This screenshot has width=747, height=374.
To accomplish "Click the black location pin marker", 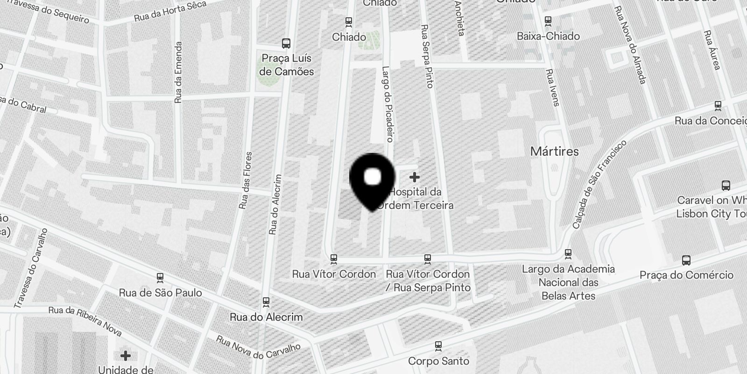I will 372,180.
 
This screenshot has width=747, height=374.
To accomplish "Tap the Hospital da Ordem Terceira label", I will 416,199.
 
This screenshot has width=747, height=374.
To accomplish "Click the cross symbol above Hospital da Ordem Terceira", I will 414,177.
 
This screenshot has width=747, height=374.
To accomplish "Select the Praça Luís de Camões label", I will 286,65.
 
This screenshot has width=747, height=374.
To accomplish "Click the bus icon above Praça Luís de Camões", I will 286,43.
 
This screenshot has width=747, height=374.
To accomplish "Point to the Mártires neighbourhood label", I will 554,151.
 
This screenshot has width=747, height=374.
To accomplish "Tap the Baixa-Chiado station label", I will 548,36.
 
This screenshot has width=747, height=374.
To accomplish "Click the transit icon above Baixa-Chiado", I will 548,21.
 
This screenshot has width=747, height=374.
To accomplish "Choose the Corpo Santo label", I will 438,361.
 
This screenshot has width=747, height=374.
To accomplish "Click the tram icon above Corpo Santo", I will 438,346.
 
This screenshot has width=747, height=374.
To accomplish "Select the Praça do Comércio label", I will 686,275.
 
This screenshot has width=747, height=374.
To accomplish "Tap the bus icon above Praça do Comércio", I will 686,260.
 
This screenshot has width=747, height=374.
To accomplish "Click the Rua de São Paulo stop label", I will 160,293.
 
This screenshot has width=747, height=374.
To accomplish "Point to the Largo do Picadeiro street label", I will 388,104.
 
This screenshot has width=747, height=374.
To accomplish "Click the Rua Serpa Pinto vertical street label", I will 427,56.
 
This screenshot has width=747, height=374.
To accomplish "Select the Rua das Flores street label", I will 245,180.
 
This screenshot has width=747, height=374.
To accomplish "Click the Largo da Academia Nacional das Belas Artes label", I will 568,282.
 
